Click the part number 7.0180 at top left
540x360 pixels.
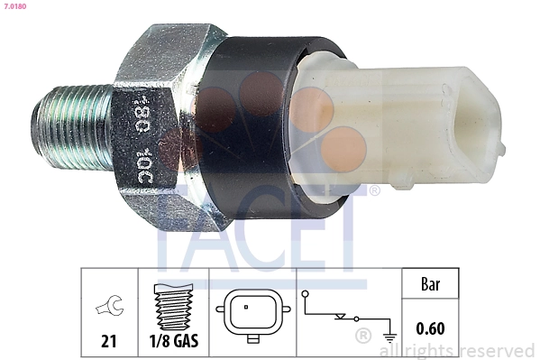[15, 6]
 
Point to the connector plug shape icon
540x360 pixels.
[246, 315]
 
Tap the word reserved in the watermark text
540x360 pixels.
[497, 350]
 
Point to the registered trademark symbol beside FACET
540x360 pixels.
[374, 190]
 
